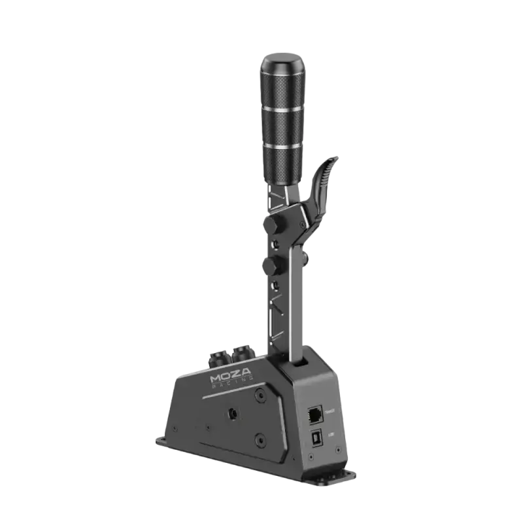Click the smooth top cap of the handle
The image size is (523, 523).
pos(284,65)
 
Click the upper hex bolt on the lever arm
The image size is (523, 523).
pos(269,224)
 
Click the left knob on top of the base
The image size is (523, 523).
pos(218,358)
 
